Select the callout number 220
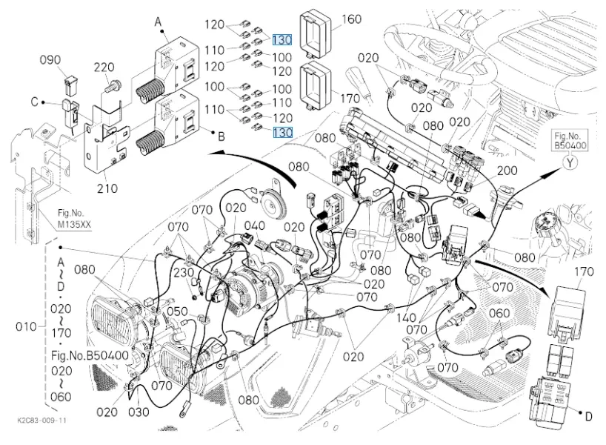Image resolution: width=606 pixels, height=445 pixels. [x=104, y=69]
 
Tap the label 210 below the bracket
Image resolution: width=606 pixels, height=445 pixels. [x=108, y=188]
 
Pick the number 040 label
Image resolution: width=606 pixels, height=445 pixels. [x=254, y=225]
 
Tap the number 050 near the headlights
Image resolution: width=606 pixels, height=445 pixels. [x=177, y=311]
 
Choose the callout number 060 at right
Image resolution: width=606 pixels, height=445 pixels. [x=499, y=314]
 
